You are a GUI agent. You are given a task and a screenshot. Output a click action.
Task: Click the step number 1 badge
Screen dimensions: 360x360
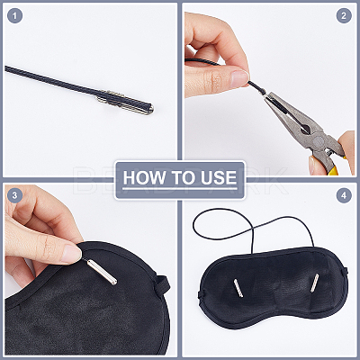pos(14,15)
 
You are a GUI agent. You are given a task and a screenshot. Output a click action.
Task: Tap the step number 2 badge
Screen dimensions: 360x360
pos(344,15)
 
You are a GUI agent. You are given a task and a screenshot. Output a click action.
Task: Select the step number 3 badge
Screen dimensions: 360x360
pos(14,195)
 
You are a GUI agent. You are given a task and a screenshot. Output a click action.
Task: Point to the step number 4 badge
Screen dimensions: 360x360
pos(344,195)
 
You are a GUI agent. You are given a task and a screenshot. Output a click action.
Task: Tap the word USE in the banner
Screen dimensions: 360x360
pos(219,177)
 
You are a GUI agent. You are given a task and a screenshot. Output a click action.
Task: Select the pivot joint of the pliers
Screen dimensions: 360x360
pos(317,140)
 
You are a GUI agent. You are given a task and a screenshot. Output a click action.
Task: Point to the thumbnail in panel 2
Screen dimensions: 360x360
pos(239,77)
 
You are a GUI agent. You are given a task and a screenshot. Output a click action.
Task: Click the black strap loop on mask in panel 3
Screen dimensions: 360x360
pos(161,283)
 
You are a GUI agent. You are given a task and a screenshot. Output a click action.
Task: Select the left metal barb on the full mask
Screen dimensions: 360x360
pos(238,288)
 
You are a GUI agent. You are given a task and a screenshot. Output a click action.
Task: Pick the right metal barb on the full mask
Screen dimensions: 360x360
pos(315,283)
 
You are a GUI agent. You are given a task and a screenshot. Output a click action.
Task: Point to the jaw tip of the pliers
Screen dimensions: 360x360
pos(266,96)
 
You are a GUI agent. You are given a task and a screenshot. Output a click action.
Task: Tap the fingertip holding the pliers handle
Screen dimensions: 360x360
pos(313,165)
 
